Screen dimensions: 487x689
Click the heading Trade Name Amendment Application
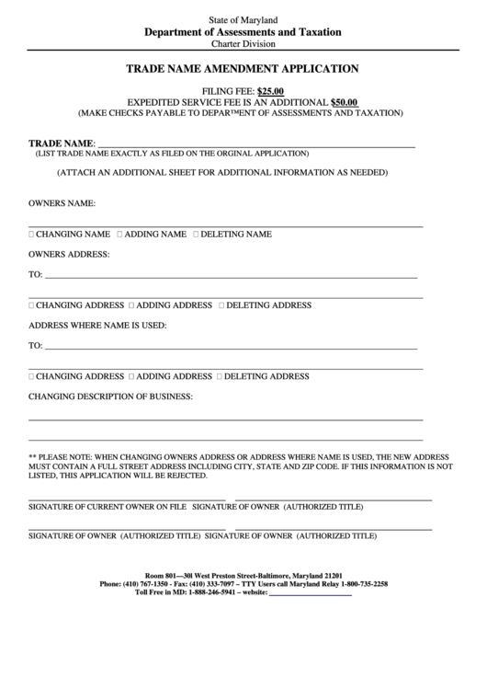point(242,68)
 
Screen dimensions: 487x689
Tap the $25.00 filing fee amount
point(270,91)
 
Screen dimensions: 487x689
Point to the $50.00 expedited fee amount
point(344,102)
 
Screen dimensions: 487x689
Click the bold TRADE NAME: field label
point(62,144)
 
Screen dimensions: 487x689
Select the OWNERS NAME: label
point(62,203)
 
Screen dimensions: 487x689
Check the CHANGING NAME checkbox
point(32,235)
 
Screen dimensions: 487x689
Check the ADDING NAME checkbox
point(119,235)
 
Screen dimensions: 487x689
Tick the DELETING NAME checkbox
point(196,235)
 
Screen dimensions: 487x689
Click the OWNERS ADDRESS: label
point(69,253)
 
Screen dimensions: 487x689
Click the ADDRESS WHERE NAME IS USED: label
point(96,325)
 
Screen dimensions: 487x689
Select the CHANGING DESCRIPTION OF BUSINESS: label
point(110,396)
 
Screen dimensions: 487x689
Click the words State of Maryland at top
point(243,19)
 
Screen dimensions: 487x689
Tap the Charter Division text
point(243,43)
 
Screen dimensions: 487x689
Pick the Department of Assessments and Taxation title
point(243,31)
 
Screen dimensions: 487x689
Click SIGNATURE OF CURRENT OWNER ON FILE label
point(108,507)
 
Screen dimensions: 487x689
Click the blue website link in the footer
point(310,594)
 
